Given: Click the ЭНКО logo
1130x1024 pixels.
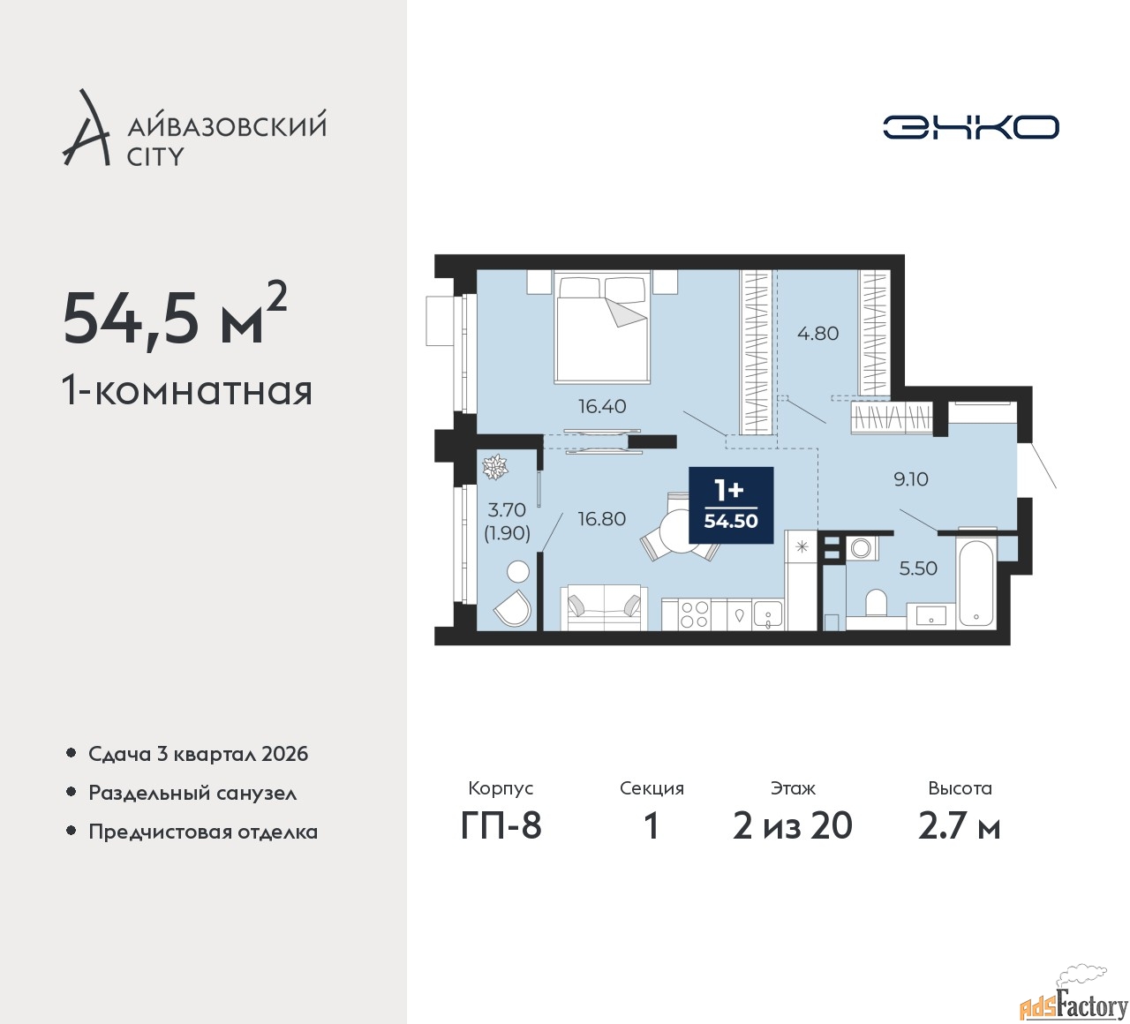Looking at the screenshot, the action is tap(970, 127).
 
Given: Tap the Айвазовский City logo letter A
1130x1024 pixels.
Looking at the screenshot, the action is tap(85, 127).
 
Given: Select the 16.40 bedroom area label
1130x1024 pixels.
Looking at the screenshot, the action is tap(602, 406).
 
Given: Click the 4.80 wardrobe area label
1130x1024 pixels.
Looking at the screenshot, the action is tap(818, 334).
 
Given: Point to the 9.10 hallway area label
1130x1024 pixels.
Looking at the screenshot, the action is tap(911, 479).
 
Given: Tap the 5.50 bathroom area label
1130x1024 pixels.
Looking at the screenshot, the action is tap(918, 568).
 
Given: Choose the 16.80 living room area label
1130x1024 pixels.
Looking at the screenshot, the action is tap(602, 519).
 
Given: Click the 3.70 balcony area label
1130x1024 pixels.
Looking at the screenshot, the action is tap(507, 510).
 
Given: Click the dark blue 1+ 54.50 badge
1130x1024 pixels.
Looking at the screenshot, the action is tap(731, 505).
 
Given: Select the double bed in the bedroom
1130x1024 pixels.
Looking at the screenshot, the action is tap(602, 328).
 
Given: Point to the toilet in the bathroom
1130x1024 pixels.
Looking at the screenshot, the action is tap(877, 602).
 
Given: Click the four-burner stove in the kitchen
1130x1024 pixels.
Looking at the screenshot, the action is tap(694, 614).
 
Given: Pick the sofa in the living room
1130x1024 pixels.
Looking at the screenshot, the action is tap(604, 607).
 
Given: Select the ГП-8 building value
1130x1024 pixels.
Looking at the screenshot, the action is tap(501, 826).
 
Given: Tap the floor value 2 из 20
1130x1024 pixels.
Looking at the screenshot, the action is tap(793, 826).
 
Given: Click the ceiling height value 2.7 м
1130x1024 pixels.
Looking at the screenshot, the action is tap(960, 826).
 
